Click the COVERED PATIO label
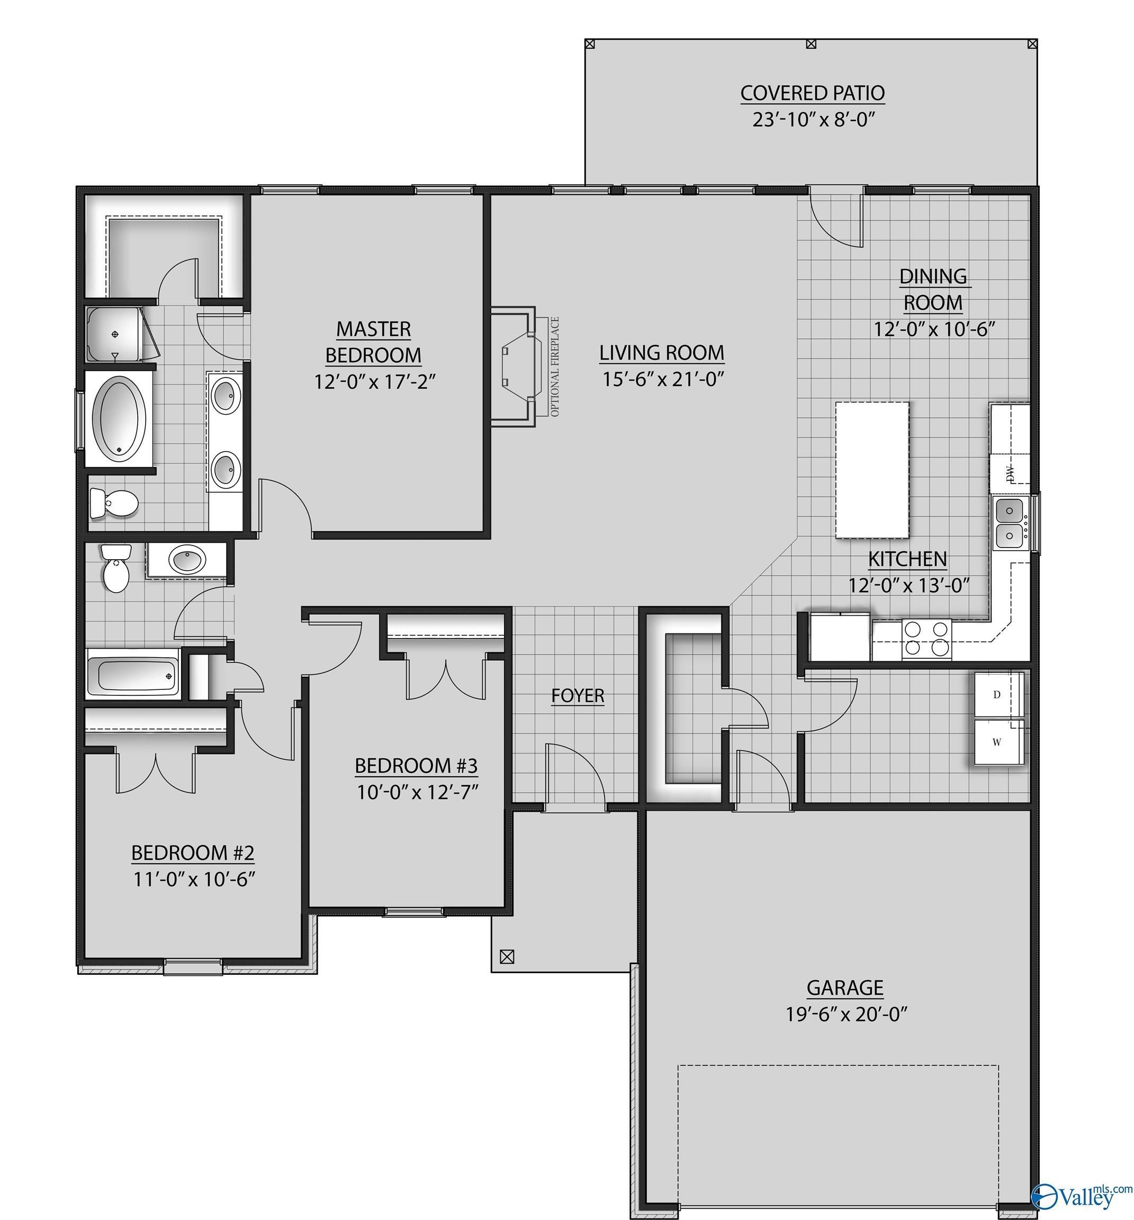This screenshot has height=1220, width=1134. [813, 93]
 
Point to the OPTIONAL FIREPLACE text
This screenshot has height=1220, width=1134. [555, 367]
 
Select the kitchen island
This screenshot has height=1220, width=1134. [872, 470]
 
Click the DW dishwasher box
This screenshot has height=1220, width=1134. [1010, 472]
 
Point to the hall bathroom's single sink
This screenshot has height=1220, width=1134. [188, 560]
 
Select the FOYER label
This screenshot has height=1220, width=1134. [578, 695]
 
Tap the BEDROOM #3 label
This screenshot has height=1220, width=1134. [416, 765]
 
